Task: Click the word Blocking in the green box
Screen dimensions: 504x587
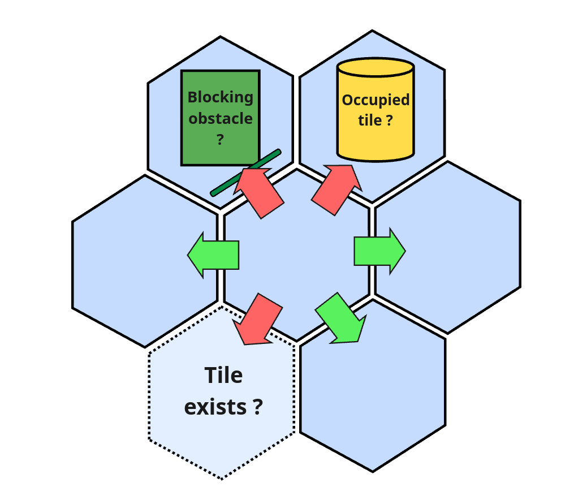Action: pyautogui.click(x=221, y=97)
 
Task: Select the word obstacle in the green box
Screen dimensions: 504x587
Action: pyautogui.click(x=221, y=119)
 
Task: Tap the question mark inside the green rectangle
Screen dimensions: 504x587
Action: pyautogui.click(x=221, y=140)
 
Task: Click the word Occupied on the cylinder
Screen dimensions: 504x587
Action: pyautogui.click(x=375, y=100)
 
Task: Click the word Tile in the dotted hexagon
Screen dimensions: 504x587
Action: pyautogui.click(x=223, y=376)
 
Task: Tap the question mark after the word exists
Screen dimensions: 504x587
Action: pyautogui.click(x=257, y=407)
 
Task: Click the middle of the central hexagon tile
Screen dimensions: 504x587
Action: pyautogui.click(x=297, y=255)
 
